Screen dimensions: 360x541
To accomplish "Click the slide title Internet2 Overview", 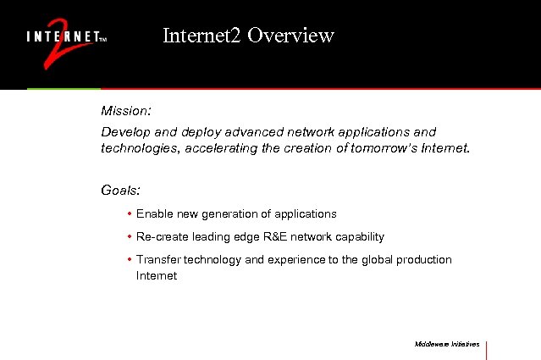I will coord(248,36).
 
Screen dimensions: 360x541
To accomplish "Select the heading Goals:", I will coord(120,191).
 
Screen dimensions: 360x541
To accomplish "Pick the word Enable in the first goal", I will coord(152,214).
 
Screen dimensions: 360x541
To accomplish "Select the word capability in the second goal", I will coord(359,237).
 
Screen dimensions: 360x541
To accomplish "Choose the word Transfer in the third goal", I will coord(158,260).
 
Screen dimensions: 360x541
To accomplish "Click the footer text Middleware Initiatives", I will coord(447,345).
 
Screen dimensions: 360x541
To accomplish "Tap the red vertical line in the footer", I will coord(487,349).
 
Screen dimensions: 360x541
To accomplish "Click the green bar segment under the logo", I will coord(63,88).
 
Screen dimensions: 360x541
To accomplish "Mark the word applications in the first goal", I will coord(306,214).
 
